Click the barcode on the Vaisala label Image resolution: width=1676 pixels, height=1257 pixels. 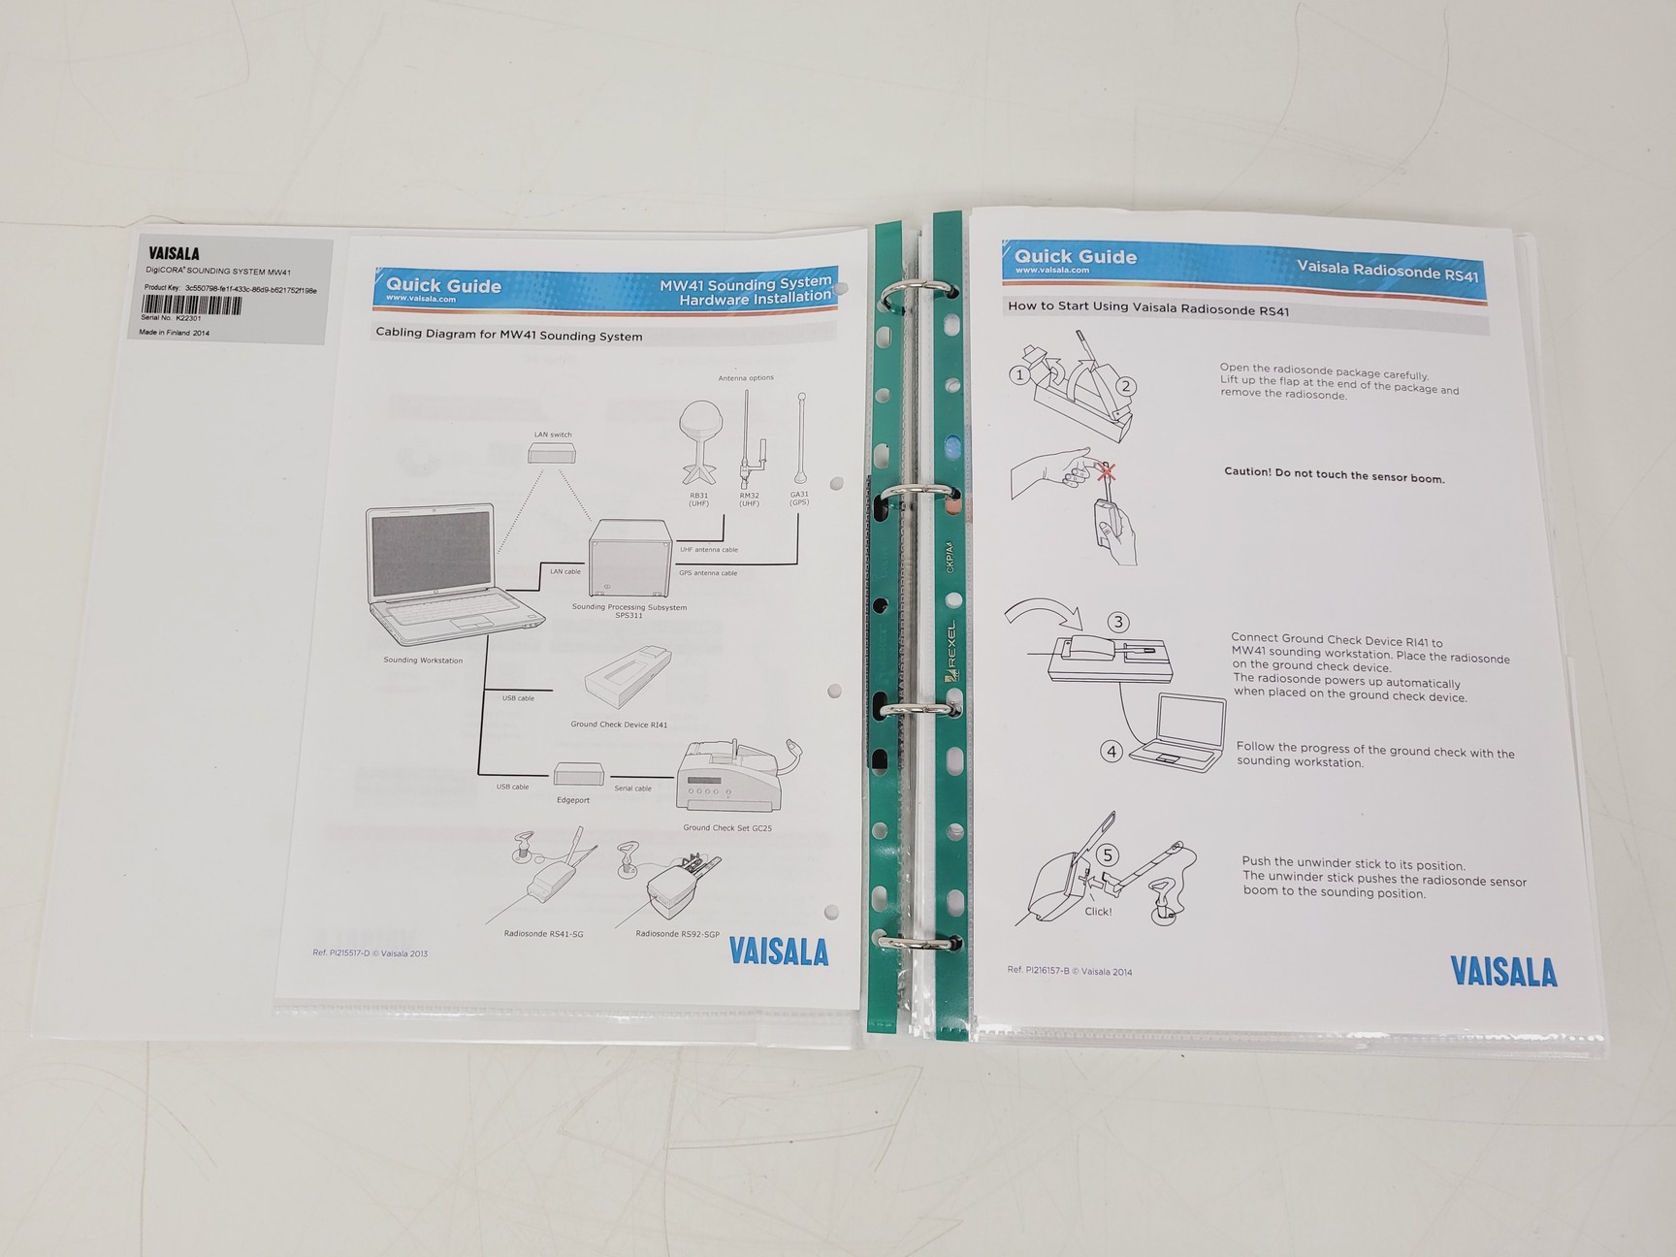(192, 305)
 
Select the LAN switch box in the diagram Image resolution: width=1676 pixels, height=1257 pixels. (554, 453)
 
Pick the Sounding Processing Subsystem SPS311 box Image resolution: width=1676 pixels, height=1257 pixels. (629, 558)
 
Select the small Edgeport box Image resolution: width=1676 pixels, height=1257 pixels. (579, 774)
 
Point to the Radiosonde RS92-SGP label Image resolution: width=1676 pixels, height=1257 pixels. (677, 934)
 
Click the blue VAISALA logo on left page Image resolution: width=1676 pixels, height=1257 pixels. (779, 951)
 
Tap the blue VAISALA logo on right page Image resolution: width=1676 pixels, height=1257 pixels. (1503, 972)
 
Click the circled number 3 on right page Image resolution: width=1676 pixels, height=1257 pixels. (1118, 623)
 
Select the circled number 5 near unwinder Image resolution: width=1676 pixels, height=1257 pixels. (1109, 855)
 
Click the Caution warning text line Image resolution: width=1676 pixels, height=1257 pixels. (1334, 475)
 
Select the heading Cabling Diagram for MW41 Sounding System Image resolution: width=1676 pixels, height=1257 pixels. (508, 336)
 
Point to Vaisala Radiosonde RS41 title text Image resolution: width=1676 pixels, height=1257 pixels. (1387, 271)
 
